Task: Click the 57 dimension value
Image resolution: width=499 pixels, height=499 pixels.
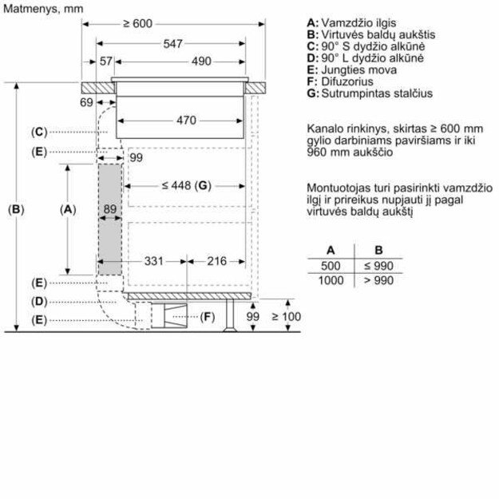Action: tap(106, 61)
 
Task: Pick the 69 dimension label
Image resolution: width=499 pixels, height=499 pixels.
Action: tap(86, 103)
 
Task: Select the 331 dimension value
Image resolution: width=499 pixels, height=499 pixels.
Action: tap(153, 260)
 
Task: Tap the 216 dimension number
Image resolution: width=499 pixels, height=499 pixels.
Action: tap(216, 260)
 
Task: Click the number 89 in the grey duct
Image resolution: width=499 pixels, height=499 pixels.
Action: tap(110, 209)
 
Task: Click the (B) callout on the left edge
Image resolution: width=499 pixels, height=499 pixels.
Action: tap(16, 210)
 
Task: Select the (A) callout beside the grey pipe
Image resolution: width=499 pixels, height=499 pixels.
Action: tap(68, 209)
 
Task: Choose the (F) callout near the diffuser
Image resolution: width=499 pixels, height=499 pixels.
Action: tap(208, 318)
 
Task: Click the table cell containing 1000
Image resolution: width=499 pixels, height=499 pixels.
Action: tap(330, 280)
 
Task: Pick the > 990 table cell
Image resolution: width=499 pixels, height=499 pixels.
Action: tap(378, 280)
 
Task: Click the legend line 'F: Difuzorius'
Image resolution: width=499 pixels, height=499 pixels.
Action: tap(340, 81)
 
